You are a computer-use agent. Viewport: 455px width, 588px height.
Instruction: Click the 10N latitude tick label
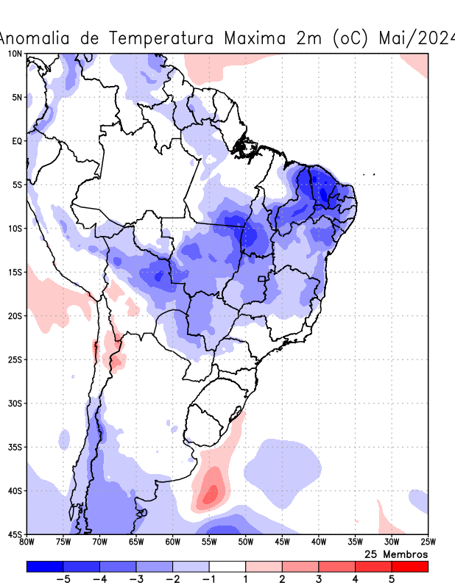pos(15,54)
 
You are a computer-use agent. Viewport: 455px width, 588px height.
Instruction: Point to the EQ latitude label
pos(17,140)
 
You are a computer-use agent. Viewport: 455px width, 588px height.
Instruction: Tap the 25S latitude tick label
pos(15,359)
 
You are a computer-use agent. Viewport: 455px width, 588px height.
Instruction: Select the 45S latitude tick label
pos(15,534)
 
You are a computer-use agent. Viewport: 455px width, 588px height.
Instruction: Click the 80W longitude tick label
pos(27,542)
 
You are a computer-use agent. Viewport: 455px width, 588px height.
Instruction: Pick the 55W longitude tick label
pos(209,542)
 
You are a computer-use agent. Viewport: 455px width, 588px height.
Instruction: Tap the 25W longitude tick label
pos(428,542)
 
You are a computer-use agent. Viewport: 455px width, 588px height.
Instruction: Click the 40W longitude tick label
pos(318,542)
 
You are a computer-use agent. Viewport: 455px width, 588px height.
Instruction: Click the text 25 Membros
pos(396,553)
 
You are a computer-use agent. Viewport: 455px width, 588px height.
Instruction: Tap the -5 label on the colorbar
pos(63,579)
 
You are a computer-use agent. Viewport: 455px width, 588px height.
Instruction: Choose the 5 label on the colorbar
pos(392,579)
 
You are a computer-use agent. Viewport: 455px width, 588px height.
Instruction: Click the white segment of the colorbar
pos(227,567)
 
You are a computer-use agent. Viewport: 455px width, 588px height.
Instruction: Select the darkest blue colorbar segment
pos(44,567)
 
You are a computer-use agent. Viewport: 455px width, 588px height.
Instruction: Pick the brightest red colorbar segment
pos(410,567)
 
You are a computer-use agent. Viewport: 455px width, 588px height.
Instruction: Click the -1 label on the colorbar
pos(208,579)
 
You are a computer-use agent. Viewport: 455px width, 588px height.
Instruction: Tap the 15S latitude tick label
pos(15,272)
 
